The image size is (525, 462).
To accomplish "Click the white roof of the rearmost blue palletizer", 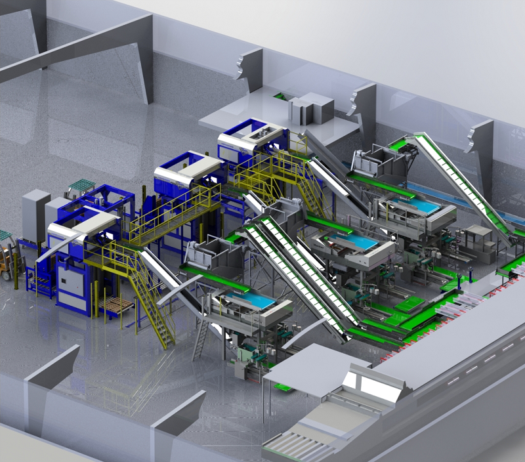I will coord(253,135).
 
